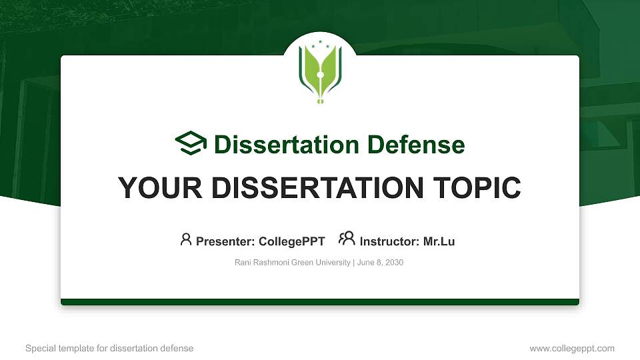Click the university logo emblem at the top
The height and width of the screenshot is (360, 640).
point(320,73)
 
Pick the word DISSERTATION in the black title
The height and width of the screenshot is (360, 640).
point(314,188)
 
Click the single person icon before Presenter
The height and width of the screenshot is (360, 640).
point(186,239)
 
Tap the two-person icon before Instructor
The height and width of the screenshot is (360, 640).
point(347,239)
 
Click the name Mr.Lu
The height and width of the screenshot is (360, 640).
point(439,241)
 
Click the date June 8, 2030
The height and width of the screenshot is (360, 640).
point(380,263)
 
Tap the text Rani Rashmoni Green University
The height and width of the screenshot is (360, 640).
point(293,263)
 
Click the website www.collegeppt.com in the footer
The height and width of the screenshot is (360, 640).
point(572,349)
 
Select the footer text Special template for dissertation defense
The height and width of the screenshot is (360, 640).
point(109,349)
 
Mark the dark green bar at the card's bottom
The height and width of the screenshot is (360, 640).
point(320,302)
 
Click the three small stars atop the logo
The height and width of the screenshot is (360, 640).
point(320,43)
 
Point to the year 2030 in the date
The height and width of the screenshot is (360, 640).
point(394,263)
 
